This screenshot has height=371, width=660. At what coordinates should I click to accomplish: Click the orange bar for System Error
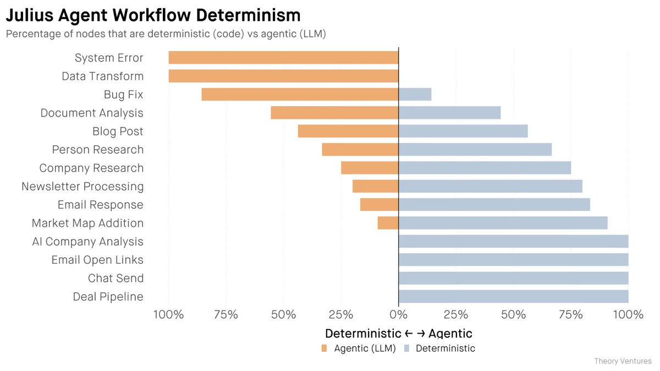point(283,58)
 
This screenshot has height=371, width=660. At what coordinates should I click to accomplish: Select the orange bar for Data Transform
point(283,76)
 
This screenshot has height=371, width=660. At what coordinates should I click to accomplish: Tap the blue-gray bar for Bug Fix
point(415,95)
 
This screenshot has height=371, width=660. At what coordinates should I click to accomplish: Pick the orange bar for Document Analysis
point(334,113)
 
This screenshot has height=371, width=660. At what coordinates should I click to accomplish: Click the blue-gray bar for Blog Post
point(463,131)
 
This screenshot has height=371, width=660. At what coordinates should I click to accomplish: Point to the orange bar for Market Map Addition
point(388,223)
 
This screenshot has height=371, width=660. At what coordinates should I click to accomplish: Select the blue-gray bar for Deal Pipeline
point(513,297)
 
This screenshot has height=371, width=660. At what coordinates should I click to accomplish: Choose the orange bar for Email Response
point(379,204)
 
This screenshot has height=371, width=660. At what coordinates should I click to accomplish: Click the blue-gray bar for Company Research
point(485,168)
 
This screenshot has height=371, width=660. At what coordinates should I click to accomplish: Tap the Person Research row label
point(97,149)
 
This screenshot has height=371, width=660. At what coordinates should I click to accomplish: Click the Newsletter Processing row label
point(82,186)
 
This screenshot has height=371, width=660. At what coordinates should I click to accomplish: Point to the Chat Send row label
point(116,278)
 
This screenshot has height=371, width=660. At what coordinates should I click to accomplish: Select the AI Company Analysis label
point(87,241)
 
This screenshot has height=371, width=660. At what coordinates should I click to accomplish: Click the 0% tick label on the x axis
point(398,315)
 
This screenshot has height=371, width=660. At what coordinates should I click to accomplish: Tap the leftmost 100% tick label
point(168,315)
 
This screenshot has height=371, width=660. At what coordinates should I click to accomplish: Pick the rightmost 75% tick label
point(570,315)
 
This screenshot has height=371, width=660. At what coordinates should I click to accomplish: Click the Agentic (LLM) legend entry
point(359,348)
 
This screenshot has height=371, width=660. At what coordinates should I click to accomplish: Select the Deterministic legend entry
point(439,348)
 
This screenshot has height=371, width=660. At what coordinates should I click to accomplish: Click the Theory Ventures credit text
point(623,361)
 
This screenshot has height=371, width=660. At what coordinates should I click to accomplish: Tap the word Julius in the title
point(31,15)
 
